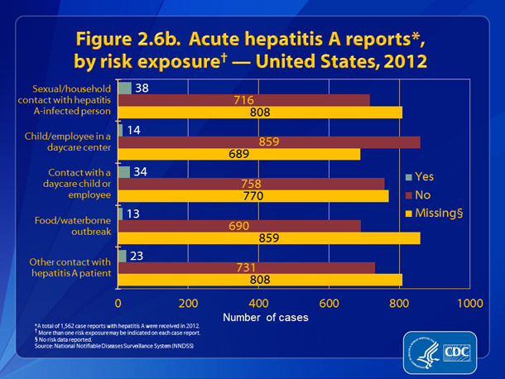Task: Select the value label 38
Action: (x=142, y=87)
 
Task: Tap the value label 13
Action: (x=132, y=214)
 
